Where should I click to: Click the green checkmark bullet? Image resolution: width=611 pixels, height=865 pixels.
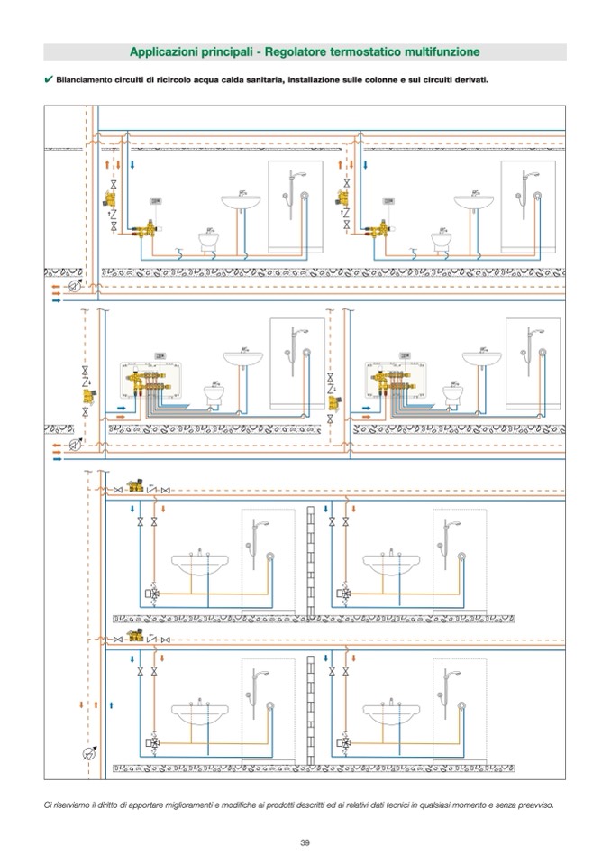48,79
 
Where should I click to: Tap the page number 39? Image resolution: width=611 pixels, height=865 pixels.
305,843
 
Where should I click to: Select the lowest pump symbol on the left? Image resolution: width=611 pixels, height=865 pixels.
88,753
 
